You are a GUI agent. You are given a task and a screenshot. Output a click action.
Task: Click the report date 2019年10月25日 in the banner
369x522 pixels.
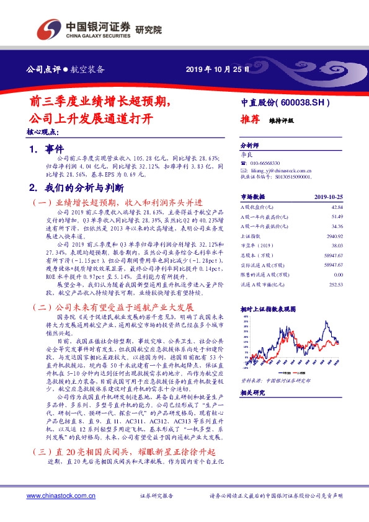[x=218, y=69]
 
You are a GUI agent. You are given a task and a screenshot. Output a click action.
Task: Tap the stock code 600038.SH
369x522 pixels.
[x=301, y=102]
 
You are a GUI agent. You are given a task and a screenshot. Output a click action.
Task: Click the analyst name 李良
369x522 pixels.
[x=247, y=153]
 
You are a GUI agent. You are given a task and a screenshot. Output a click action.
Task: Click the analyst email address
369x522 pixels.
[x=279, y=169]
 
